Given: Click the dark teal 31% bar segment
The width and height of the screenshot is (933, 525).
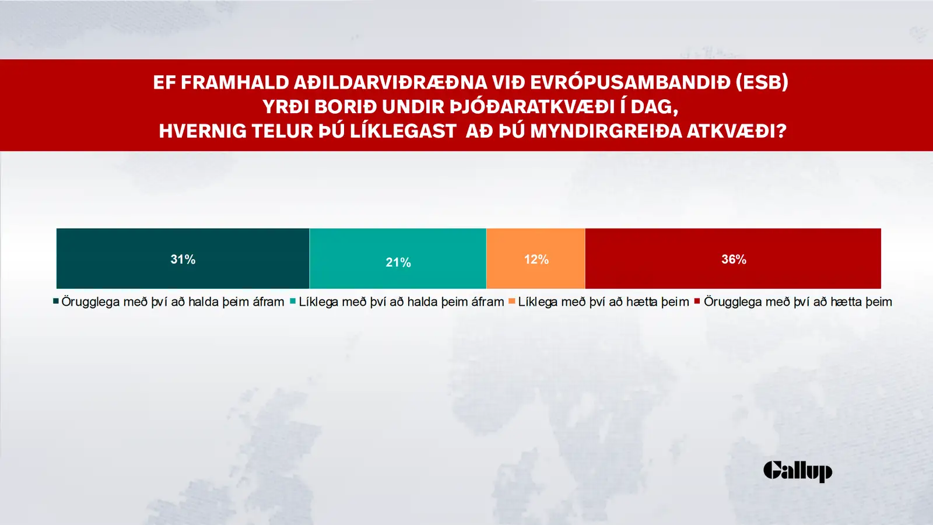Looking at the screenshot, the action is pos(183,258).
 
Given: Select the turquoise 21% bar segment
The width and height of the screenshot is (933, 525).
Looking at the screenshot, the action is pos(398,258).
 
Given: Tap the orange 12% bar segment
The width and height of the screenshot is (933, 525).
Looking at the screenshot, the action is pos(536,258).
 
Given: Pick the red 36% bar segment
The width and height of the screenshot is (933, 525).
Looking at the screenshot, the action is pos(733,258).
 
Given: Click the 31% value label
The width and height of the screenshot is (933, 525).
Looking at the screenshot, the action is pos(183,259).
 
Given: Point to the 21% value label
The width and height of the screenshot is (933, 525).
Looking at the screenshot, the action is pos(398,262).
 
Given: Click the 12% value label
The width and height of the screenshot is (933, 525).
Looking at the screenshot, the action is pos(536,260).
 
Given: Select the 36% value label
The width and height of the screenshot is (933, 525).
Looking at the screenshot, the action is pos(734,259).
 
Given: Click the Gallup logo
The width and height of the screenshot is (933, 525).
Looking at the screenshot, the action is pos(798,471).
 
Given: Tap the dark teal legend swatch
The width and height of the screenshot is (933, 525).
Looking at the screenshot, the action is pos(56,301).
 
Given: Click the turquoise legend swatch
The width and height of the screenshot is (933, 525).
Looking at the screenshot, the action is pos(293,301).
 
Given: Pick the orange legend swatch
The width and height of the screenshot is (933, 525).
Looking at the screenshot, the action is pos(512,301).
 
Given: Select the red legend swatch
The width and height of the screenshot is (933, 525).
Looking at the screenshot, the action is pos(697,301).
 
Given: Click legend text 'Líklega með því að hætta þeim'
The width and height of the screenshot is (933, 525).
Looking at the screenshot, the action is pos(604,302).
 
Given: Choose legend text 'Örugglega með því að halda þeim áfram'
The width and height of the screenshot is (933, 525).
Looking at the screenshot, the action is pos(173,302).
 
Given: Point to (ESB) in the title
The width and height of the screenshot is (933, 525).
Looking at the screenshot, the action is pos(762,82).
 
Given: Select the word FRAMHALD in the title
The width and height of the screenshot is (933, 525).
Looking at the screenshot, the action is pos(235,82).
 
